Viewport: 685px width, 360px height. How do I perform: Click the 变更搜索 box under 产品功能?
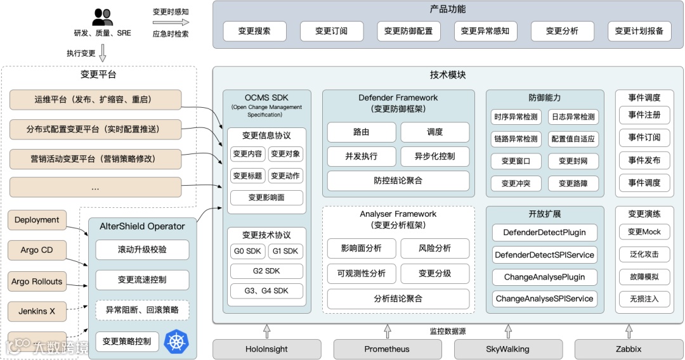click(254, 31)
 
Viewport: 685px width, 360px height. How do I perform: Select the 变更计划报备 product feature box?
click(639, 31)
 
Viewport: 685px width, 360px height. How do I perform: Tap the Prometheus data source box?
click(387, 349)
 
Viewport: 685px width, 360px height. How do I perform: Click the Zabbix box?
click(628, 349)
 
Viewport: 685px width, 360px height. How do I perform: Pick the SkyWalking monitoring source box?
click(508, 349)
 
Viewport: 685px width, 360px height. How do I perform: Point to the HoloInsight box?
click(266, 349)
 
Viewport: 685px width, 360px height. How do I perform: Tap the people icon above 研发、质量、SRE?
click(102, 17)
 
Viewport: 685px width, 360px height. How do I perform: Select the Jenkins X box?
click(37, 311)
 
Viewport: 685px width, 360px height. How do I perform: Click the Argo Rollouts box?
click(37, 281)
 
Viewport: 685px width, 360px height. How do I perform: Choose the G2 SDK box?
click(266, 271)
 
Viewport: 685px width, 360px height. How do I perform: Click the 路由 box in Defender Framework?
click(361, 132)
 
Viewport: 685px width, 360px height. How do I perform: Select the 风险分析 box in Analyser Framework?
click(434, 248)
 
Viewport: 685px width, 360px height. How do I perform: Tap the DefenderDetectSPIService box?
click(544, 255)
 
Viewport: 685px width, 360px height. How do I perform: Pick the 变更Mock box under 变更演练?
click(644, 232)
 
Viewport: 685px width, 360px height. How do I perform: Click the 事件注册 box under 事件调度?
click(644, 115)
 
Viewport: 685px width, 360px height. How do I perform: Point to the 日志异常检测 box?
click(573, 117)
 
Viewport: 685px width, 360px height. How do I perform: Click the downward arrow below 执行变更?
click(102, 56)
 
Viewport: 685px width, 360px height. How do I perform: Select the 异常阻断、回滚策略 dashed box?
click(142, 310)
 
